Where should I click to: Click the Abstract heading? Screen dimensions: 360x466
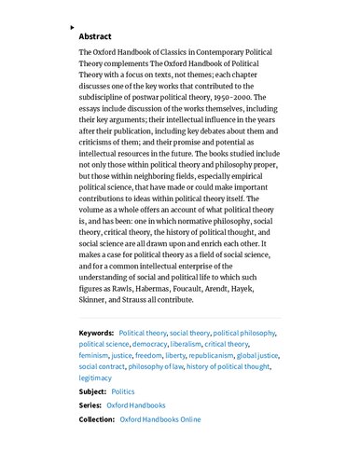[95, 36]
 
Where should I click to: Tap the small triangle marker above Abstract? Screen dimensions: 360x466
[74, 28]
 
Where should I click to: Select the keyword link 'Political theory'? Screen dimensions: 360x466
[143, 332]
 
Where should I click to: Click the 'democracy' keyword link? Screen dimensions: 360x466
[149, 343]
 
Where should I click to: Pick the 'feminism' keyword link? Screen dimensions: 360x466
[93, 355]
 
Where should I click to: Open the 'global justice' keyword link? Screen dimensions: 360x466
[257, 355]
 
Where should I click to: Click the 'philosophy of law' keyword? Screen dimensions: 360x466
[156, 366]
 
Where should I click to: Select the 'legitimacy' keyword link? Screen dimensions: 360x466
[95, 378]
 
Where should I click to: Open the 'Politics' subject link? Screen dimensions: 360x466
[123, 392]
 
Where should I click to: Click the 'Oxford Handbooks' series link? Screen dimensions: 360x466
[136, 405]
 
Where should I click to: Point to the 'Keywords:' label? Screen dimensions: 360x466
[97, 332]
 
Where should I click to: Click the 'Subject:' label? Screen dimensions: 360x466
[92, 392]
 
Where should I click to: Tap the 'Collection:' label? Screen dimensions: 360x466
[97, 419]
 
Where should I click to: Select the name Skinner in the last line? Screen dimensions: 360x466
[98, 300]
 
